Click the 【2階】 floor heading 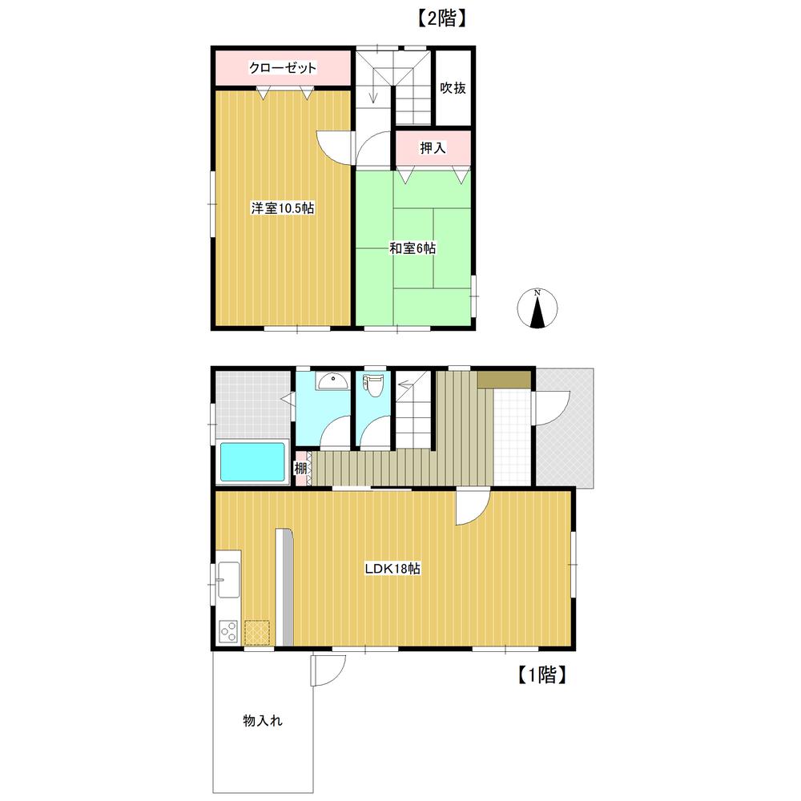[441, 19]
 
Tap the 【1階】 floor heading [541, 674]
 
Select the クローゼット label [283, 67]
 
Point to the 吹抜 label [453, 88]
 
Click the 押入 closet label [433, 148]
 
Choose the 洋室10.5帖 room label [283, 208]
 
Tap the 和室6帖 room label [413, 248]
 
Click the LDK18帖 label [392, 569]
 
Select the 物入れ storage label [263, 721]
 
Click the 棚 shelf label [300, 468]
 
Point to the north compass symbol [537, 308]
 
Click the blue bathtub [252, 462]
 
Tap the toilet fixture [373, 384]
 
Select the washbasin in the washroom [332, 381]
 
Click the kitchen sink [228, 580]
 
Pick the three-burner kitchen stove [228, 631]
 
